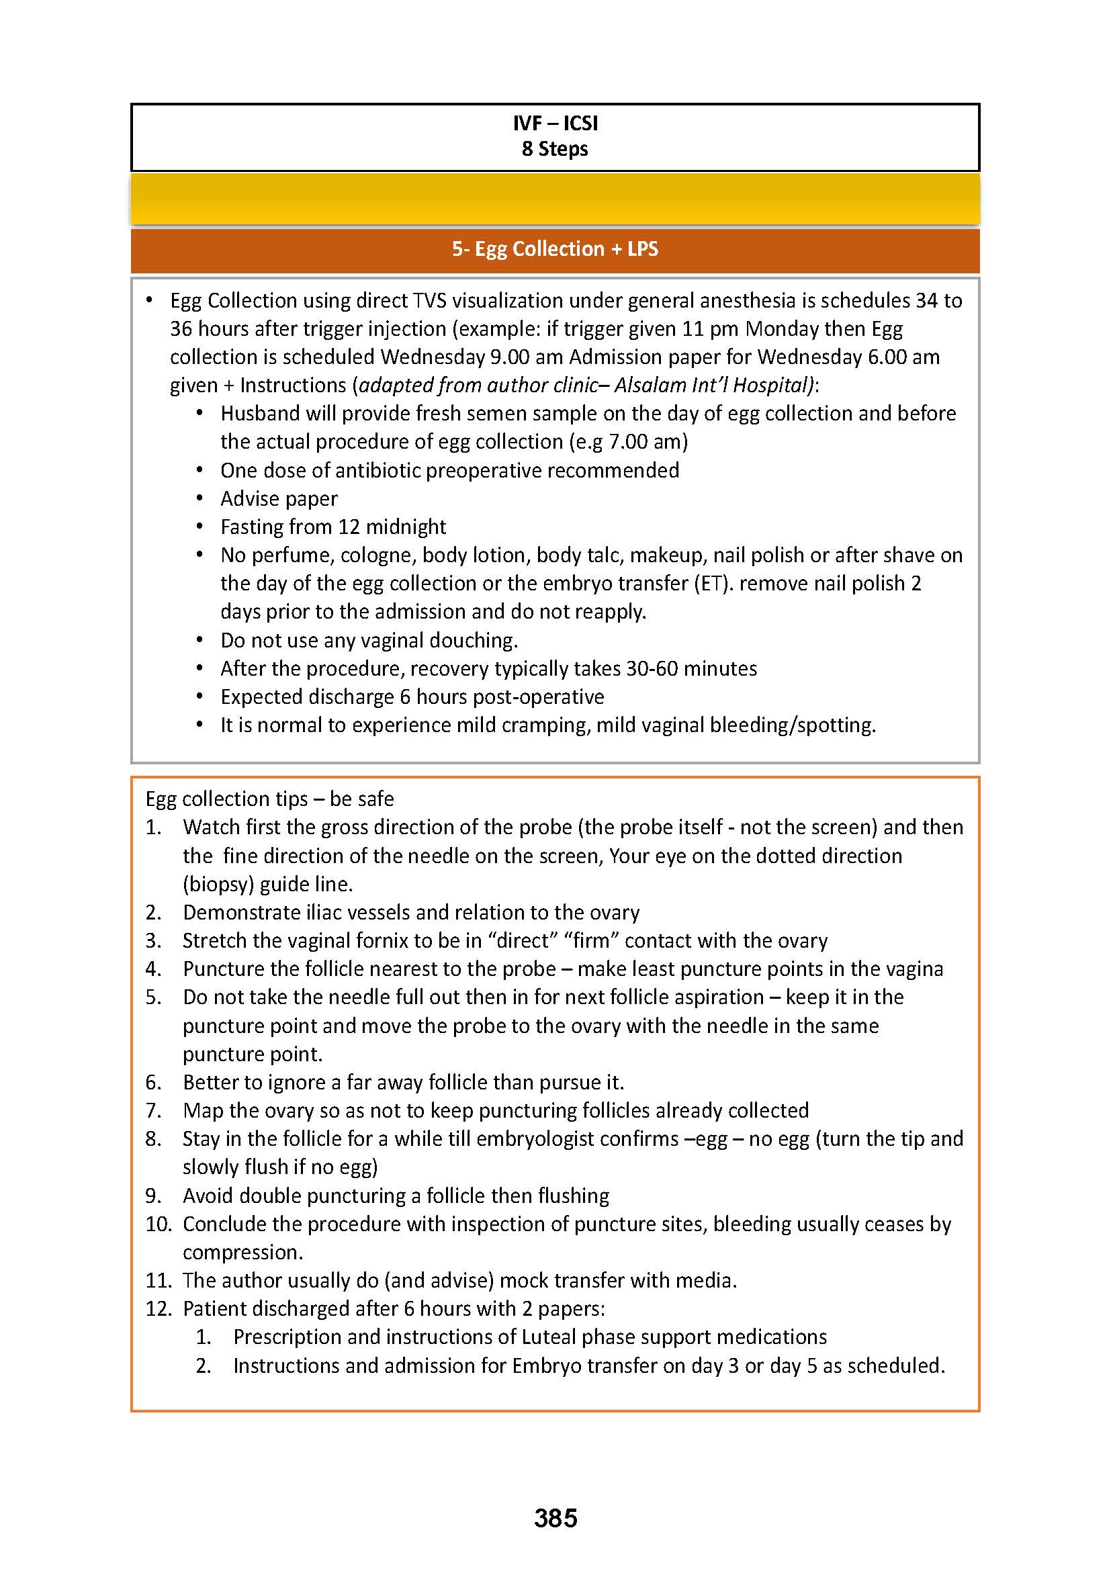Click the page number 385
pos(555,1518)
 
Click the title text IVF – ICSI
pos(555,123)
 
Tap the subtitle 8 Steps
pos(555,148)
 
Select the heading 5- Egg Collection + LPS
pos(555,249)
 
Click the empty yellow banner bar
pos(555,199)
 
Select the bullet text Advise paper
pos(279,499)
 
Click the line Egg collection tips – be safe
pos(269,799)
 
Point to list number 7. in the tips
pos(153,1110)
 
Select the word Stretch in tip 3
pos(214,941)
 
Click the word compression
pos(242,1252)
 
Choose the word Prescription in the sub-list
pos(287,1337)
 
